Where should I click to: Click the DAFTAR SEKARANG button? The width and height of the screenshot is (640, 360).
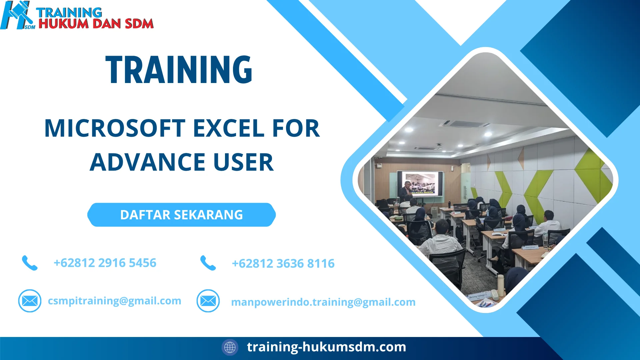tap(182, 215)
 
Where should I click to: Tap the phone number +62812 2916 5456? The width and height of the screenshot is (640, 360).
tap(105, 263)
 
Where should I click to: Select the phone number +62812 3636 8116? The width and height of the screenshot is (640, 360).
tap(283, 264)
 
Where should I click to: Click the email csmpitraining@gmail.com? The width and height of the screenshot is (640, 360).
tap(114, 301)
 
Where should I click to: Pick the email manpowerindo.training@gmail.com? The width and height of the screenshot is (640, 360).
tap(323, 302)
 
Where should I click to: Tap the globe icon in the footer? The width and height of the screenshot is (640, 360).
tap(230, 347)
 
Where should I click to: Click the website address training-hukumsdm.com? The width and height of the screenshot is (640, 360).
tap(326, 347)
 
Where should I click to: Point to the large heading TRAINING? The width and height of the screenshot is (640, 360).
tap(179, 70)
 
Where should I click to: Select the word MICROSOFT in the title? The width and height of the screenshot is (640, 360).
tap(115, 128)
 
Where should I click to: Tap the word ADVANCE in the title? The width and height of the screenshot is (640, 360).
tap(147, 162)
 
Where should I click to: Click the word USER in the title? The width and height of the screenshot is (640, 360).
tap(243, 162)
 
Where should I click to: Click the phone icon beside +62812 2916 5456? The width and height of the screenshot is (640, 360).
tap(30, 263)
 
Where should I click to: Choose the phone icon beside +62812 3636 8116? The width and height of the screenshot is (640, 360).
tap(208, 263)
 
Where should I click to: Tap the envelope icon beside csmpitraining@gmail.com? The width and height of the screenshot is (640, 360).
tap(30, 301)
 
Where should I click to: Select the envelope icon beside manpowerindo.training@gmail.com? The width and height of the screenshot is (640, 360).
tap(208, 301)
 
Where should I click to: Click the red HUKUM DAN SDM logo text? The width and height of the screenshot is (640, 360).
tap(96, 24)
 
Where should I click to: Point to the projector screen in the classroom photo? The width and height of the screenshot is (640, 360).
tap(420, 184)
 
